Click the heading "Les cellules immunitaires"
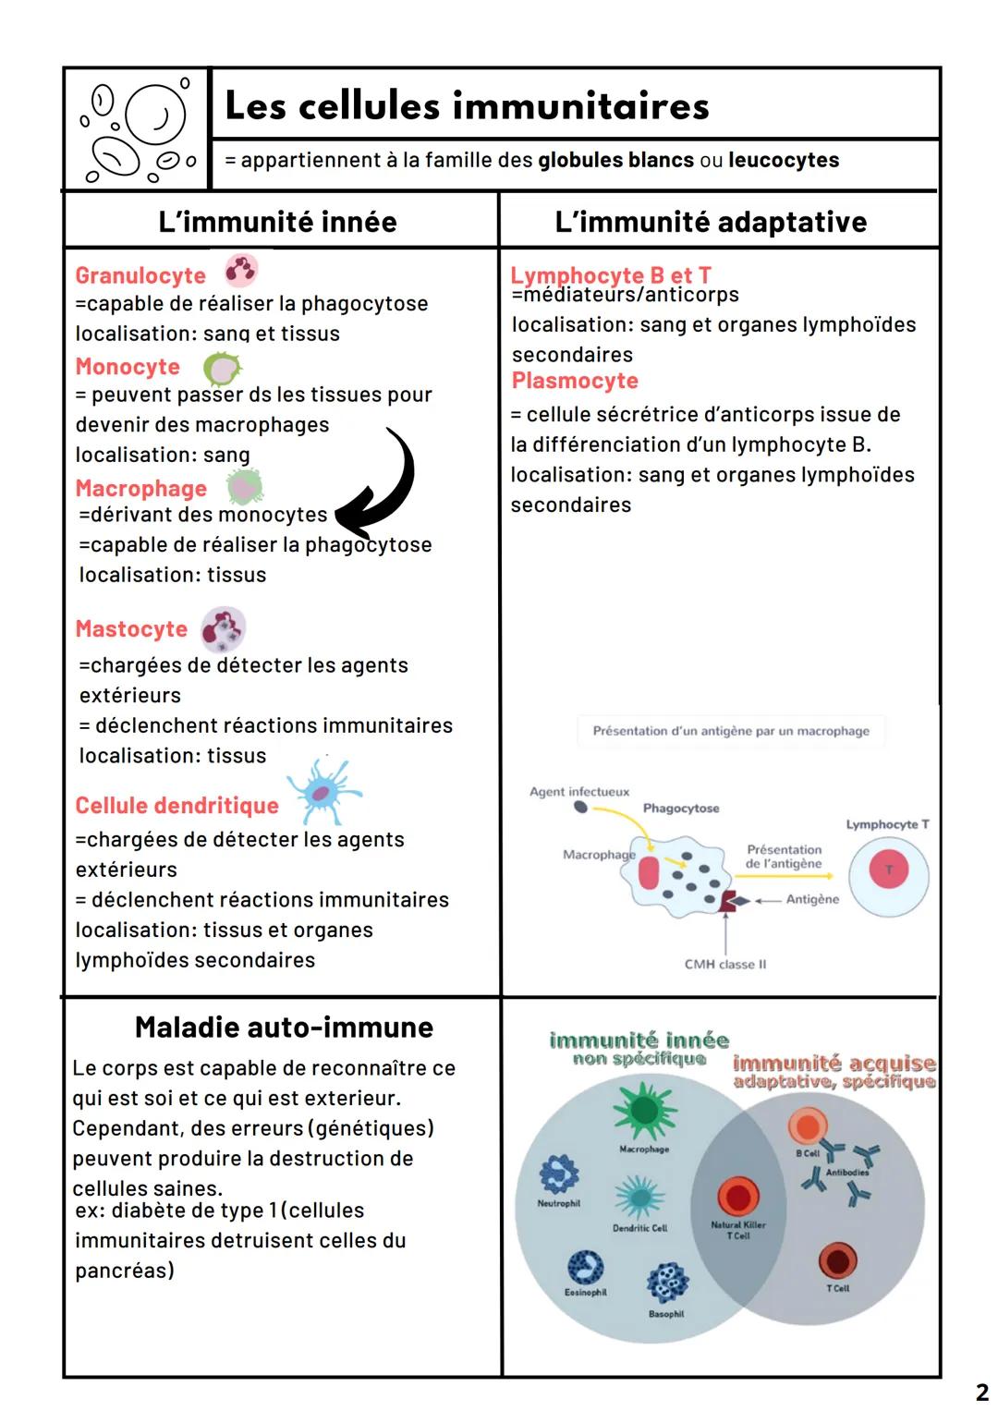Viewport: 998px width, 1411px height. point(467,105)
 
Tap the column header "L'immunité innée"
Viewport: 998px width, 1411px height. point(277,222)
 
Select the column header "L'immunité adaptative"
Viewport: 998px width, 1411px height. point(711,222)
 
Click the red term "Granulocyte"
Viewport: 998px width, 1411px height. point(140,275)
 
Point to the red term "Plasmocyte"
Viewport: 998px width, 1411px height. point(575,381)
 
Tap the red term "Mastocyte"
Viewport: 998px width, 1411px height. point(131,629)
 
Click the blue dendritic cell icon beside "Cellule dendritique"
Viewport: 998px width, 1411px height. point(323,791)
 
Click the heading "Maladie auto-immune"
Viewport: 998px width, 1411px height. point(284,1028)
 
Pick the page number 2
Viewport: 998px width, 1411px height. point(981,1392)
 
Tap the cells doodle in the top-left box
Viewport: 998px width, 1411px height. point(138,129)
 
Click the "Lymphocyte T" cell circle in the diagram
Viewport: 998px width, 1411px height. point(889,870)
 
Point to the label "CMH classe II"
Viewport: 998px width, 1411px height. point(725,965)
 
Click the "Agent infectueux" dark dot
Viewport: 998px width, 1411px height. point(580,807)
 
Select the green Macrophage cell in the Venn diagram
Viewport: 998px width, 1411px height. point(644,1112)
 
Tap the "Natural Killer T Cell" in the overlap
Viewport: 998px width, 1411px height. point(738,1198)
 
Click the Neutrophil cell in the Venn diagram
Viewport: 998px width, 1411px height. point(559,1174)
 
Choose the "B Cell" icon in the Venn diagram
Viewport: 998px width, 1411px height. point(808,1126)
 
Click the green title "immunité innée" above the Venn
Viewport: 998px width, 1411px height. point(639,1041)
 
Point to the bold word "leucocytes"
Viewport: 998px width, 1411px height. point(784,160)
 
